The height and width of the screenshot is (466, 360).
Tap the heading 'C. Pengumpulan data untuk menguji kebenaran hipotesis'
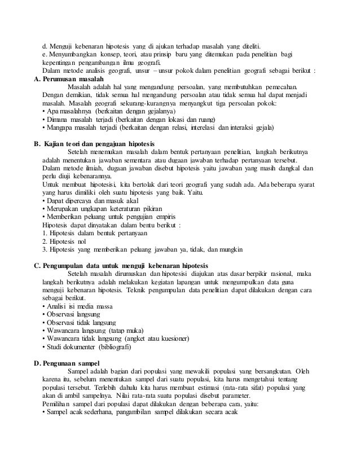tap(121, 266)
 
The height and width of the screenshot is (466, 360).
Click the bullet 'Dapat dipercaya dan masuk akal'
tap(90, 200)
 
